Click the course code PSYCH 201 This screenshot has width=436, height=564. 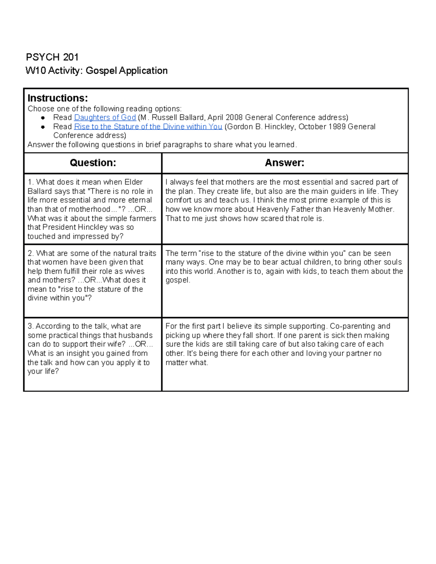pyautogui.click(x=52, y=57)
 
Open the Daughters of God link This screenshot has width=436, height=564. pyautogui.click(x=105, y=117)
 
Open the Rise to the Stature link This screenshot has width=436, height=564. pyautogui.click(x=148, y=126)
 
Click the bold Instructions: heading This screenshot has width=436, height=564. pyautogui.click(x=57, y=98)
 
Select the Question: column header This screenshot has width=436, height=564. pyautogui.click(x=93, y=163)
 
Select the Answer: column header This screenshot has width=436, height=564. pyautogui.click(x=284, y=163)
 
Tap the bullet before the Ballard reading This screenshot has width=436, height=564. pyautogui.click(x=43, y=118)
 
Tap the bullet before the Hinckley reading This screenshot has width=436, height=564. pyautogui.click(x=43, y=127)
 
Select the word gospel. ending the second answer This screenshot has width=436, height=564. pyautogui.click(x=178, y=280)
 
